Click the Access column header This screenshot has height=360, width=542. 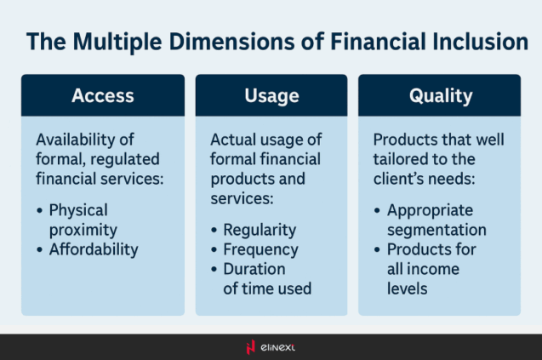tap(102, 95)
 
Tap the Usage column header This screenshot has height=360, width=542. tap(271, 95)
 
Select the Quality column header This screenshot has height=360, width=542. tap(440, 95)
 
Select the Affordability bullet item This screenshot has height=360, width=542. tap(94, 249)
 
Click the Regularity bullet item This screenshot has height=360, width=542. tap(260, 230)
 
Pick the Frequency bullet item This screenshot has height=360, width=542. tap(260, 249)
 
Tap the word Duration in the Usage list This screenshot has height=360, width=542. tap(254, 269)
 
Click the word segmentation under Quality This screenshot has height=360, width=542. tap(436, 230)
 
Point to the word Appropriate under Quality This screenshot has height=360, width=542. tap(430, 210)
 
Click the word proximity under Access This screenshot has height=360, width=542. tap(83, 230)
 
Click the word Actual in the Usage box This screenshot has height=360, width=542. tap(231, 139)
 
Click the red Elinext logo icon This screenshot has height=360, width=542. tap(249, 346)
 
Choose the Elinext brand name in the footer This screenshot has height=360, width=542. tap(278, 346)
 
